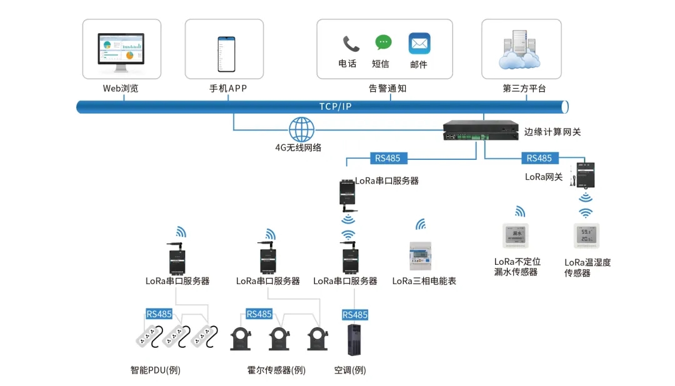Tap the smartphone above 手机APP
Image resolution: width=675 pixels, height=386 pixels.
tap(226, 54)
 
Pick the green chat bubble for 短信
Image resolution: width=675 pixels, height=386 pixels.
tap(383, 42)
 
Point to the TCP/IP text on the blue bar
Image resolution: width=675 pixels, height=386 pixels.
tap(336, 107)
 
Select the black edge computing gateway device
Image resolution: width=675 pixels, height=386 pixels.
tap(481, 131)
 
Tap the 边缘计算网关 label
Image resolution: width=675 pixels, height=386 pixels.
tap(552, 132)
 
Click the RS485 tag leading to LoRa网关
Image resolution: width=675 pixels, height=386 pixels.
tap(539, 158)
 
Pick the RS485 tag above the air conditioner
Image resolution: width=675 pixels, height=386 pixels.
tap(355, 315)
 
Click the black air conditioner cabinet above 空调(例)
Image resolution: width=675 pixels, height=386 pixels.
tap(354, 340)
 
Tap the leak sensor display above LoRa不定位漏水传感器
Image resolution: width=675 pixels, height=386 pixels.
tap(516, 236)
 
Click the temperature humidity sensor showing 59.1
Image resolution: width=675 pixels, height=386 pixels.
tap(586, 236)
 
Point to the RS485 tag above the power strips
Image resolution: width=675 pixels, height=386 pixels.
tap(159, 314)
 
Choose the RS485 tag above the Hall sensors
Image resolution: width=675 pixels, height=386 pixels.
tap(259, 314)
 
